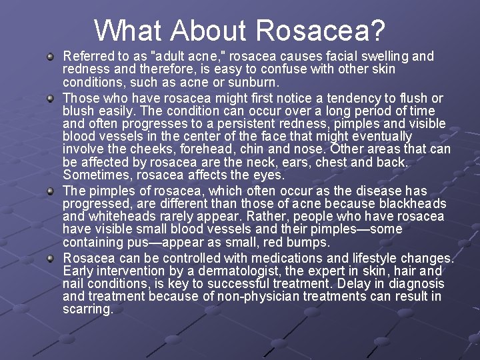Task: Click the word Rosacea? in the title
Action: click(x=320, y=30)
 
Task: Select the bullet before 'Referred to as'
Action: click(x=50, y=57)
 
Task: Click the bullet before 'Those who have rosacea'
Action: click(x=50, y=99)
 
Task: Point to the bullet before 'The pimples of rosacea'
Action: click(x=50, y=191)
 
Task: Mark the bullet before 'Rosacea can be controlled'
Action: click(x=50, y=259)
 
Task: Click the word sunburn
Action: click(x=257, y=83)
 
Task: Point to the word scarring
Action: click(x=88, y=310)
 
